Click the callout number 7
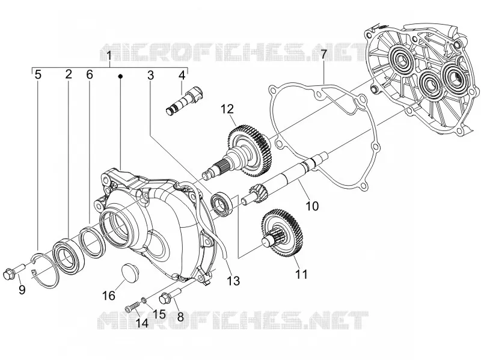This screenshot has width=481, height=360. point(323,55)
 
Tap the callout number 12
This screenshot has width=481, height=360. point(227,109)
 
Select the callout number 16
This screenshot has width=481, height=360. point(109,296)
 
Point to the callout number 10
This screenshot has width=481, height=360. point(312,206)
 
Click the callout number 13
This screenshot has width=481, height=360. point(234,281)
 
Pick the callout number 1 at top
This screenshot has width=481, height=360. point(109,56)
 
